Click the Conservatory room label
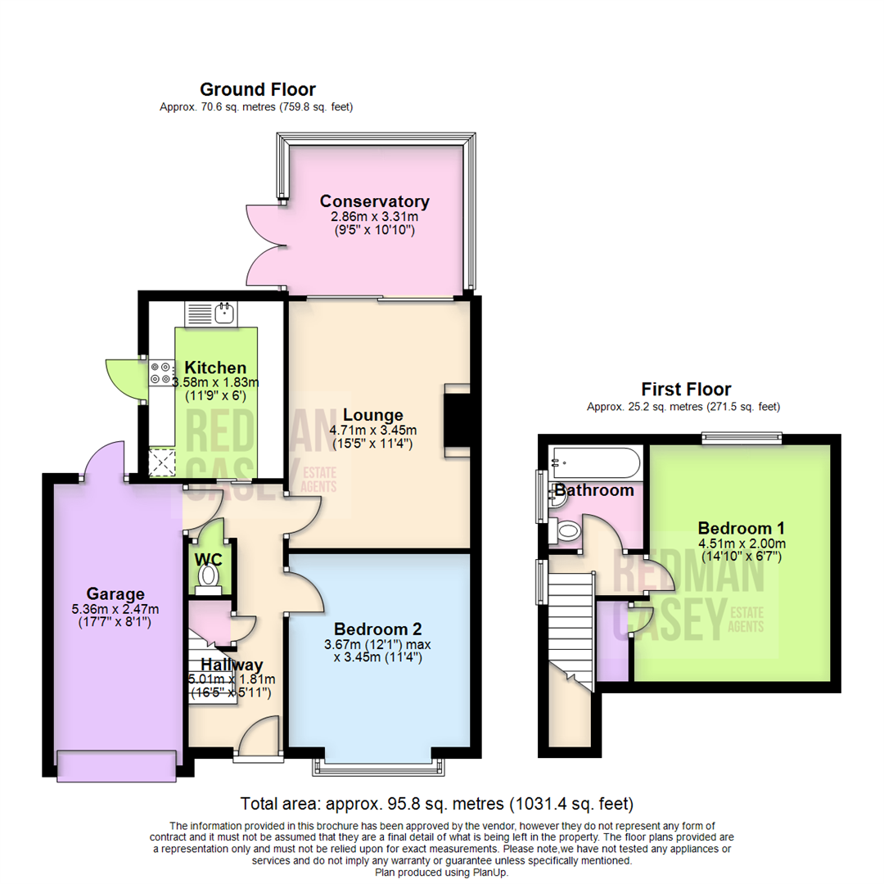pyautogui.click(x=374, y=201)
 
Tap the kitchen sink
pyautogui.click(x=222, y=313)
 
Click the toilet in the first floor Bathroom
pyautogui.click(x=566, y=533)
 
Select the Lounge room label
pyautogui.click(x=373, y=414)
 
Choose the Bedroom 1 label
pyautogui.click(x=741, y=528)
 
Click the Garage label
pyautogui.click(x=116, y=594)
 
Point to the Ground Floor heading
pyautogui.click(x=257, y=90)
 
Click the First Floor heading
pyautogui.click(x=686, y=390)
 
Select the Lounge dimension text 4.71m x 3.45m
pyautogui.click(x=373, y=431)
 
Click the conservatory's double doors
pyautogui.click(x=264, y=246)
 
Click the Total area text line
pyautogui.click(x=436, y=803)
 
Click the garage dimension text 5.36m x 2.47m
pyautogui.click(x=116, y=609)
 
